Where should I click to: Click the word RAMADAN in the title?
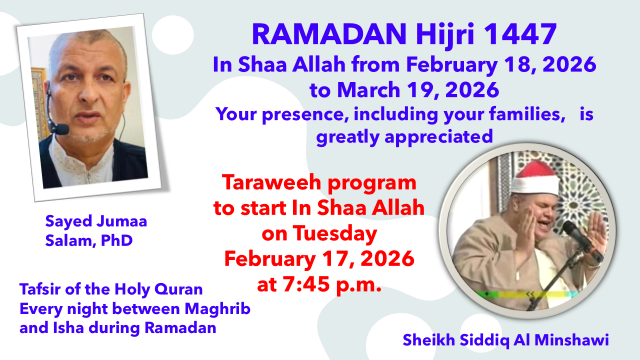pos(329,34)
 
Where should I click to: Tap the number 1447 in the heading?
pos(520,34)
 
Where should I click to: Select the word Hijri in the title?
pos(445,35)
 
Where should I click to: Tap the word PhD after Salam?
pos(117,240)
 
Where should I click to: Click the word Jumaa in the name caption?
pos(121,221)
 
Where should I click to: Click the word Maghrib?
pos(217,309)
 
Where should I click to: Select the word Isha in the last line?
pos(68,327)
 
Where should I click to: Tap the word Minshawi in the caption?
pos(571,340)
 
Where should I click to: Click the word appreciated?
pos(438,137)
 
